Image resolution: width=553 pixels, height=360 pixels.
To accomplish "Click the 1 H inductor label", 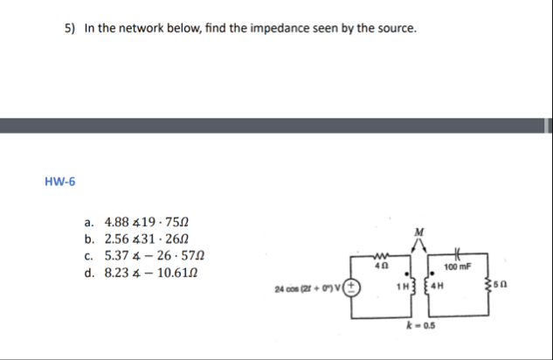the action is click(400, 286).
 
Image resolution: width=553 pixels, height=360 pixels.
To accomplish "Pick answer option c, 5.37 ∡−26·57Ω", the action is click(149, 255).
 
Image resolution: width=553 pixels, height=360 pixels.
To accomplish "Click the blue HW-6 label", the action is click(59, 183).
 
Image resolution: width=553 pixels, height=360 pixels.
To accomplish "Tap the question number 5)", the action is click(70, 29).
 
